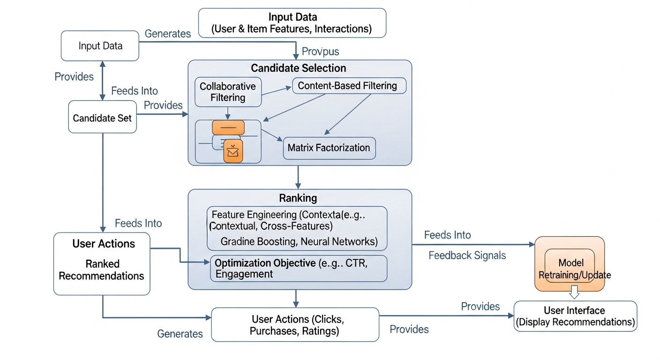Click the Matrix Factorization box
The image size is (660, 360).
coord(329,148)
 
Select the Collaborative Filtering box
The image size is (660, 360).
coord(228,92)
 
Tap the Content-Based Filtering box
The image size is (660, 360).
coord(349,86)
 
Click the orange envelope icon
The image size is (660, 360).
coord(233,151)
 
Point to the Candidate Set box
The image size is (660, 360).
coord(102,118)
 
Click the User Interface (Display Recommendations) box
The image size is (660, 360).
coord(575,316)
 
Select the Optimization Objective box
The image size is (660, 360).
coord(299,269)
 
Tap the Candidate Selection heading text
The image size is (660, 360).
coord(299,68)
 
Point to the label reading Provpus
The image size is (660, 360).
coord(320,51)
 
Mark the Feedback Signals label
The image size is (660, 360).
coord(467,255)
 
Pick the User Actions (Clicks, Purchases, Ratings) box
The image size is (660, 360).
coord(295,325)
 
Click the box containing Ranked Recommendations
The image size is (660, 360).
coord(102,264)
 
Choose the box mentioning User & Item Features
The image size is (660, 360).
coord(292,23)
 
